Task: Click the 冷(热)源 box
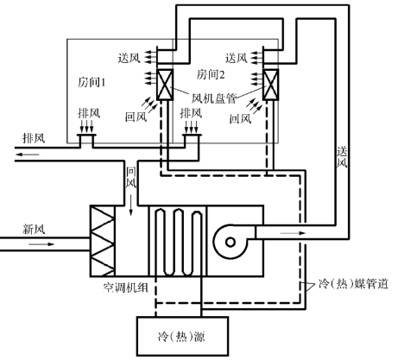(182, 336)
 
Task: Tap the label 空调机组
(125, 287)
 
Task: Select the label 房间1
(92, 83)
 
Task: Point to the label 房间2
(211, 74)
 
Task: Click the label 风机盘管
(214, 98)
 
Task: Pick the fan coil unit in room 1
(165, 85)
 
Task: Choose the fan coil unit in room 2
(271, 85)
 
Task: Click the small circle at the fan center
(231, 243)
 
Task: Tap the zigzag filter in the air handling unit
(103, 241)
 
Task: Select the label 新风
(34, 230)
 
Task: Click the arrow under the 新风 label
(41, 244)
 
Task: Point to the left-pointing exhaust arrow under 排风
(28, 155)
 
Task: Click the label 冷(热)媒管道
(354, 284)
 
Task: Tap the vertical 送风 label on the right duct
(342, 157)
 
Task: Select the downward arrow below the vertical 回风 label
(131, 205)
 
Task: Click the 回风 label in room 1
(136, 117)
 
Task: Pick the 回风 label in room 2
(240, 118)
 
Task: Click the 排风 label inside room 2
(191, 113)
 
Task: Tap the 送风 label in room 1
(129, 58)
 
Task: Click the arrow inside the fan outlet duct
(293, 233)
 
